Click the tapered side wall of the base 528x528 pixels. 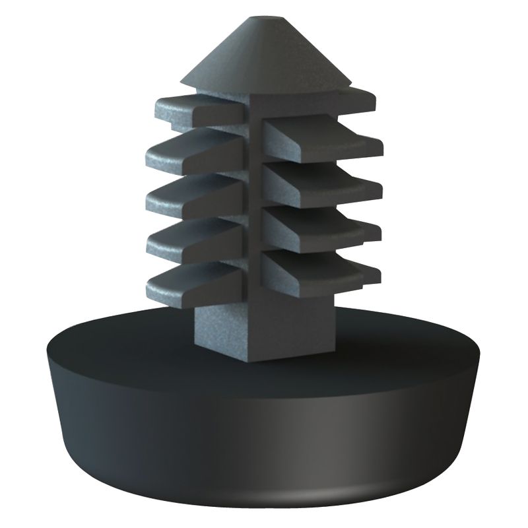coord(264,429)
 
